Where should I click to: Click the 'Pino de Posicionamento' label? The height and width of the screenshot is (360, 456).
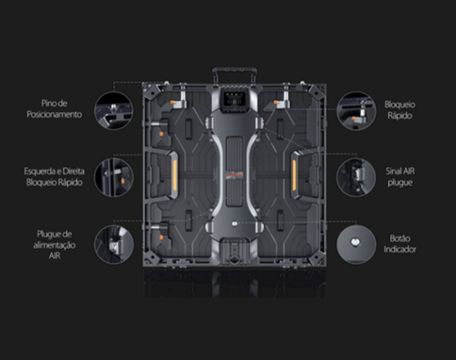55,108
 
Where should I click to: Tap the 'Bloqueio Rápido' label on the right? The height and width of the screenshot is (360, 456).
399,110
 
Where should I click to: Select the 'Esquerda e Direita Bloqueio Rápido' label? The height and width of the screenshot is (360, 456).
55,177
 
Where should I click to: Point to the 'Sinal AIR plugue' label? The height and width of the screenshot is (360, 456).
400,177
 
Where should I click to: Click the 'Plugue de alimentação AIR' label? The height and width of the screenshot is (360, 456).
55,245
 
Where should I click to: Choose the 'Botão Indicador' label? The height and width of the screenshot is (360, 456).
399,244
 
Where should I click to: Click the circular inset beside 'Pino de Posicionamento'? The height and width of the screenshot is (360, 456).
114,111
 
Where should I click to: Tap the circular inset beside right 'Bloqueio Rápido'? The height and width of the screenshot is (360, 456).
356,111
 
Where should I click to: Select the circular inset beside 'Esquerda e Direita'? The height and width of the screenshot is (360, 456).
114,177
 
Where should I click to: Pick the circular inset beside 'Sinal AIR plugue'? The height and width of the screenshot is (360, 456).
356,177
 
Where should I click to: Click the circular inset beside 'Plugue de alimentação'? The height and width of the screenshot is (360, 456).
114,244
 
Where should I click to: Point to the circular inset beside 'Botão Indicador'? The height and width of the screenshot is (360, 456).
356,244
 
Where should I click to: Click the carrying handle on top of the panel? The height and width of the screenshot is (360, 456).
235,70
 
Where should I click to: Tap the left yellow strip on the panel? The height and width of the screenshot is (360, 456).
174,175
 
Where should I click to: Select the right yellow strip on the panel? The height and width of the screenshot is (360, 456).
294,175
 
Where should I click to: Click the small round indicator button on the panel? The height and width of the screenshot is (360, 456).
235,223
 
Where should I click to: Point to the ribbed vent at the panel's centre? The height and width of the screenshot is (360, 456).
235,172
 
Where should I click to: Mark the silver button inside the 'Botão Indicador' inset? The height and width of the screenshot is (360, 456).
355,242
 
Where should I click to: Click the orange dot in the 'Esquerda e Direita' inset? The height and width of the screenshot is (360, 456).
122,181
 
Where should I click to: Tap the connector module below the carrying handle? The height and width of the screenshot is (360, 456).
235,100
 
